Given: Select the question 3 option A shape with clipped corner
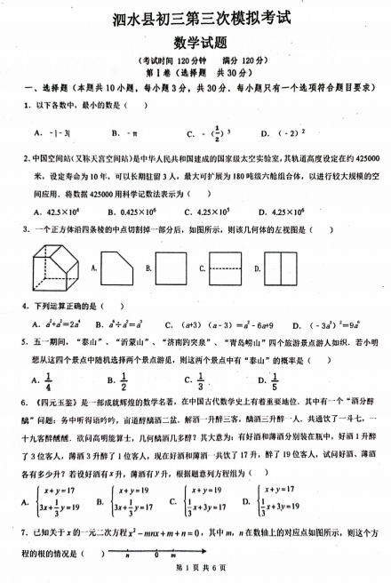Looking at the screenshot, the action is (121, 266).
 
